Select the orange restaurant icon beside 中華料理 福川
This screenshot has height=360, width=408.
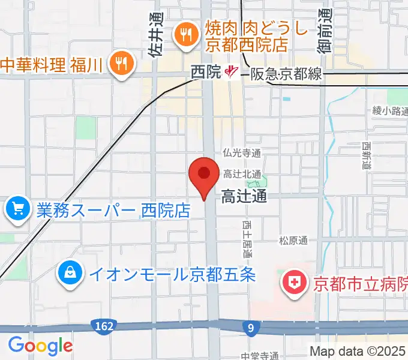[x=121, y=63]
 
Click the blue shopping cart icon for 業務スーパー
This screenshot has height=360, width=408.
[x=18, y=209]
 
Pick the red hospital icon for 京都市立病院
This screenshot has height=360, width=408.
[x=295, y=283]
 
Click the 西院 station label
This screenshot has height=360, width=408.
[x=206, y=73]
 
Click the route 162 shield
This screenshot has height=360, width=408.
[x=103, y=326]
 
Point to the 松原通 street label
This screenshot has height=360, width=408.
[x=293, y=241]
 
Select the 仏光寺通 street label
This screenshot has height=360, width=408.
[x=241, y=154]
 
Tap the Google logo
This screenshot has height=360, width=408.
[x=40, y=346]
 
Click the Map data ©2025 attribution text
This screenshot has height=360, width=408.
[x=358, y=351]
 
